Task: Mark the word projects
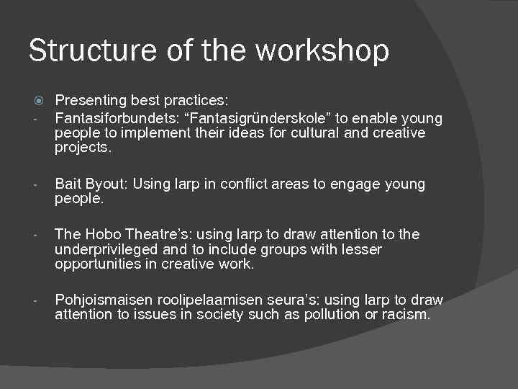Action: coord(83,148)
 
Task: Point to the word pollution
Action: coord(332,315)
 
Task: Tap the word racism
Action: coord(406,315)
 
